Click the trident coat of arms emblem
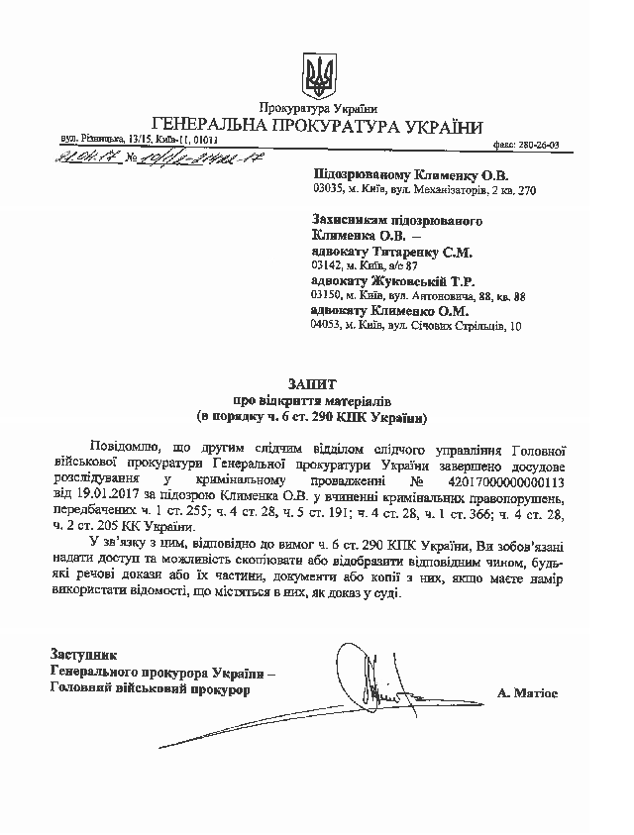318,75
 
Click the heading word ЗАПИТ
316,380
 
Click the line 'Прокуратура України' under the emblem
318,107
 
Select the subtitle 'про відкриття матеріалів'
317,399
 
